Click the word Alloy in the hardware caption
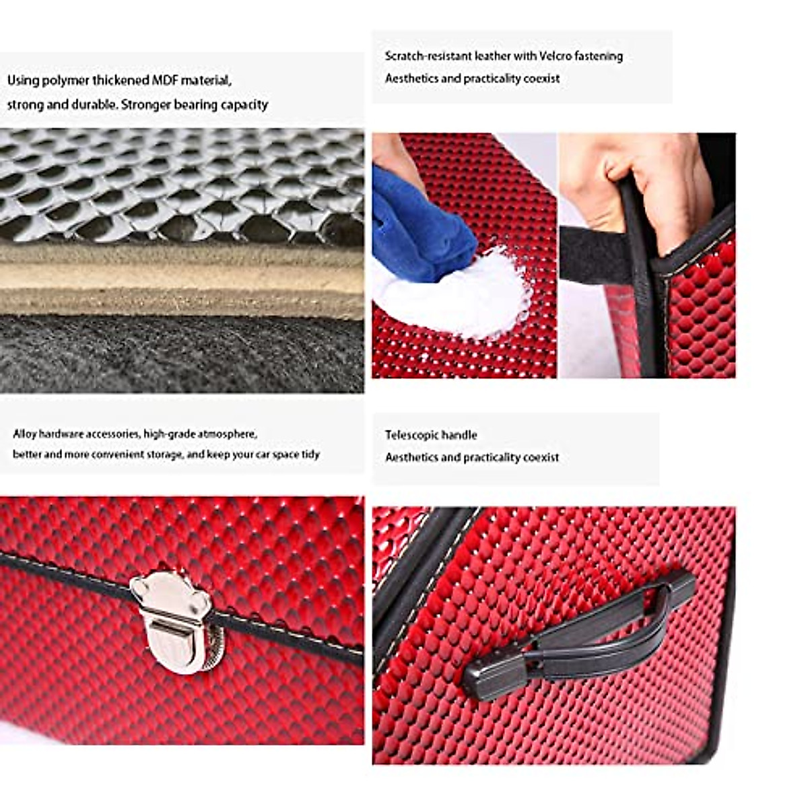pos(25,434)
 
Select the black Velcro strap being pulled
pos(593,252)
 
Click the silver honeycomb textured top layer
pos(182,182)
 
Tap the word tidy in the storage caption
pos(310,454)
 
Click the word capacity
pos(245,105)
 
